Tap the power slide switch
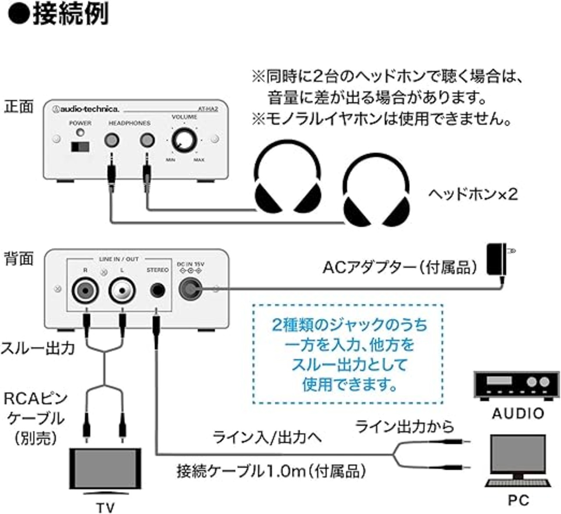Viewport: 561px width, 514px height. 80,147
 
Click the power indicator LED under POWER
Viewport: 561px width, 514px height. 80,133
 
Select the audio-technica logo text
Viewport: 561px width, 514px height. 86,109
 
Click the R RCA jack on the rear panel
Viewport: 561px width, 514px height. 85,290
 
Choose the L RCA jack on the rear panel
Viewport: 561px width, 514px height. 121,290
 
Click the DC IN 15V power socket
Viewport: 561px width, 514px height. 190,289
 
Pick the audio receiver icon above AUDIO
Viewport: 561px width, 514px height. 517,386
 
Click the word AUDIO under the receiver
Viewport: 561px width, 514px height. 518,413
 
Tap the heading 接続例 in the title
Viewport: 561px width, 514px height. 70,14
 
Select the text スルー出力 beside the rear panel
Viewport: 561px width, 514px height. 37,348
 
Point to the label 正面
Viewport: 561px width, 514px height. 18,107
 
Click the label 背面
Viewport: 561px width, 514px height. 18,259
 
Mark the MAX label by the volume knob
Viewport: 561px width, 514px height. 199,160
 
